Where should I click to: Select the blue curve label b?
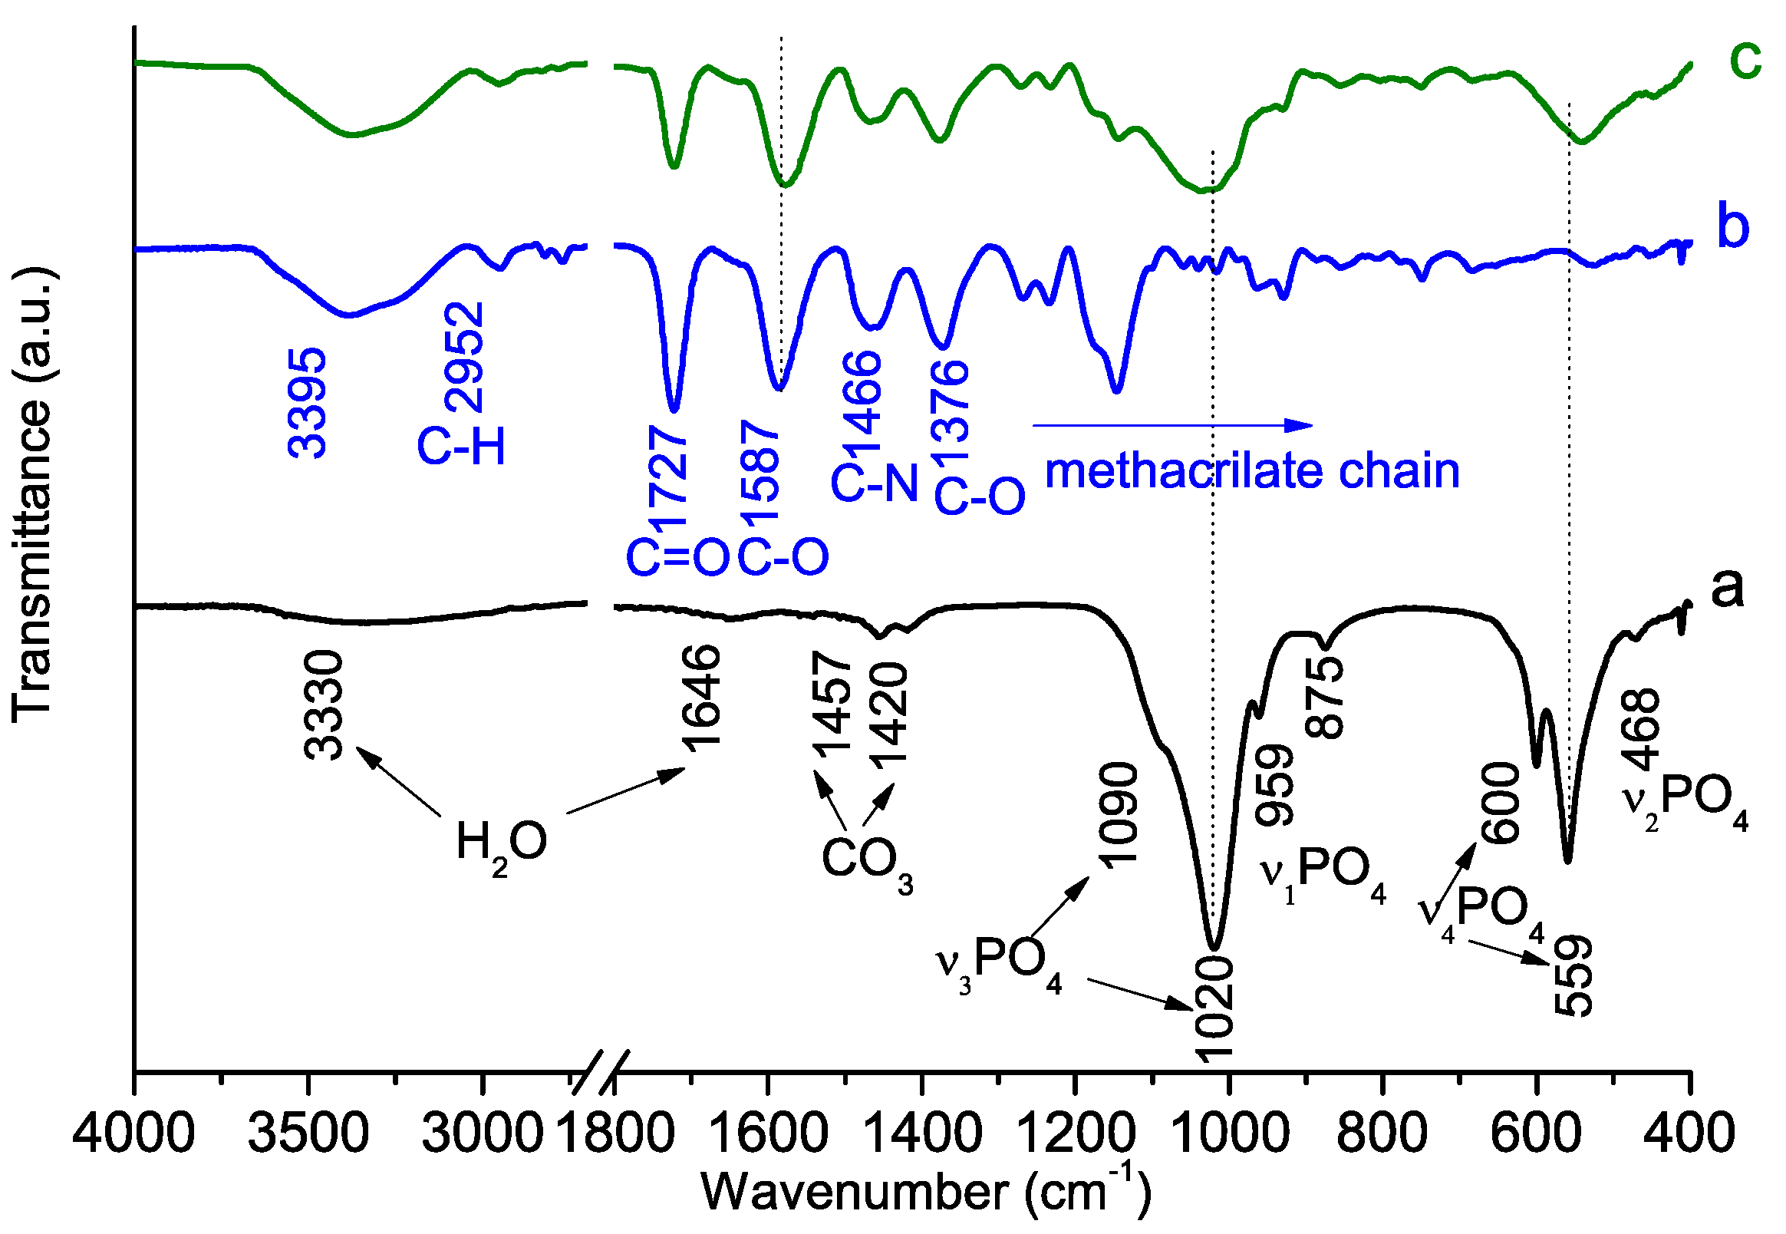click(x=1732, y=226)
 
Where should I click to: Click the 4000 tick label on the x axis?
click(x=133, y=1133)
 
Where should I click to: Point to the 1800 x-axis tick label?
click(x=615, y=1133)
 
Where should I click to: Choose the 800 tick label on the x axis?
click(x=1382, y=1133)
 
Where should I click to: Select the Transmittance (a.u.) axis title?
click(x=32, y=495)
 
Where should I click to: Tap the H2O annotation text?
click(x=501, y=843)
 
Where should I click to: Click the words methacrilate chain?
click(x=1252, y=471)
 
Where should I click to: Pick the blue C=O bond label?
click(x=677, y=556)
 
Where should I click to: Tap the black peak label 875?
click(x=1325, y=698)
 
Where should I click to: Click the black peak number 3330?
click(x=323, y=705)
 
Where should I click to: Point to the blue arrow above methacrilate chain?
click(x=1171, y=424)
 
